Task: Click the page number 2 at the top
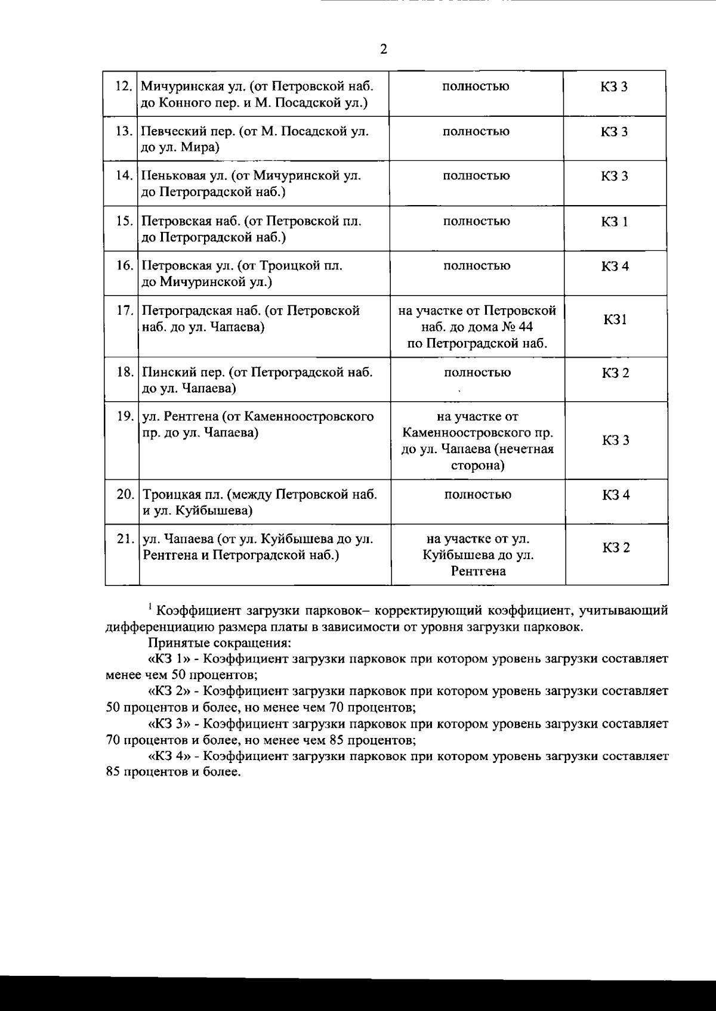384,49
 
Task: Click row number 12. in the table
123,86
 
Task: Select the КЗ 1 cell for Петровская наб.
615,222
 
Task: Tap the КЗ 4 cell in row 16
615,266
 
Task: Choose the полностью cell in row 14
476,176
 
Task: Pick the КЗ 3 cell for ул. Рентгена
616,441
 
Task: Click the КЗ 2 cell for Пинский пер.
616,373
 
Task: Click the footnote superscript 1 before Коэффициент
152,607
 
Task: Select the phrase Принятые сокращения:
219,643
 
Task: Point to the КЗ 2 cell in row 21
616,548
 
